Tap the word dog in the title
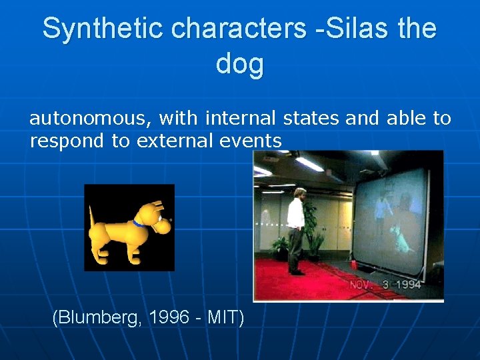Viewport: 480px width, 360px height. point(240,64)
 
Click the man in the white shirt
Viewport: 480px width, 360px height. point(296,230)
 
